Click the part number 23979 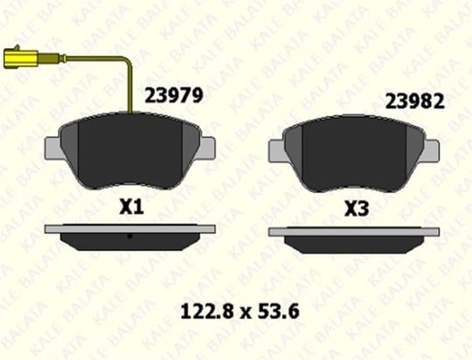[x=174, y=96]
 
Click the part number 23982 [x=415, y=101]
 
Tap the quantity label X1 [x=131, y=207]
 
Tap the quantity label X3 [x=357, y=209]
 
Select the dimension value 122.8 [x=207, y=311]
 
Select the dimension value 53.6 [x=279, y=311]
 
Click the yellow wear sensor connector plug [x=20, y=58]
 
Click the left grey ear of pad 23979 [x=53, y=148]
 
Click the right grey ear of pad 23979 [x=208, y=148]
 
